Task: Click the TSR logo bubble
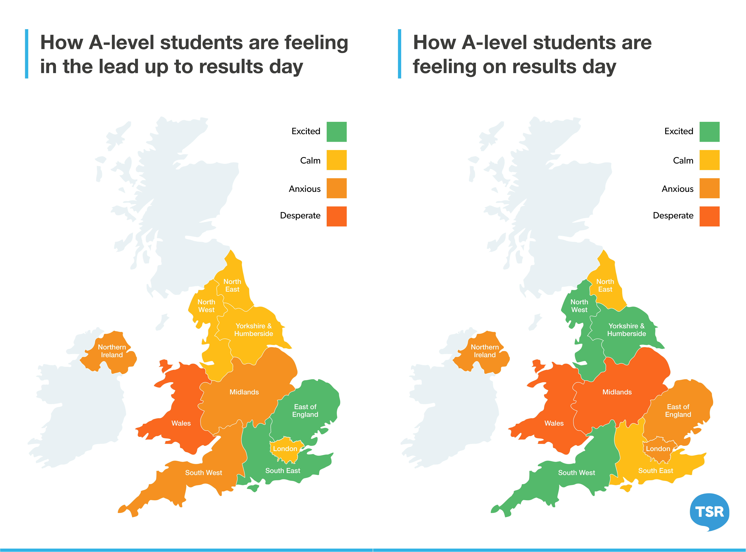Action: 709,511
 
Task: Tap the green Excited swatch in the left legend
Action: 337,132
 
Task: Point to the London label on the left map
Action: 285,449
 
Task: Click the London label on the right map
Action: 658,449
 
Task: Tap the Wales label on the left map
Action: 181,423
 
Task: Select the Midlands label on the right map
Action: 617,392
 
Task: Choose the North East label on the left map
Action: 232,285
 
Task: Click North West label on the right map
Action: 579,306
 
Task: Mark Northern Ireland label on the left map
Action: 112,351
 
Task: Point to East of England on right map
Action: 678,411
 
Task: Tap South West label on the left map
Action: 203,473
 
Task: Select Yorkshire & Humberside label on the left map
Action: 254,330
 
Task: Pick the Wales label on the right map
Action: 554,423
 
